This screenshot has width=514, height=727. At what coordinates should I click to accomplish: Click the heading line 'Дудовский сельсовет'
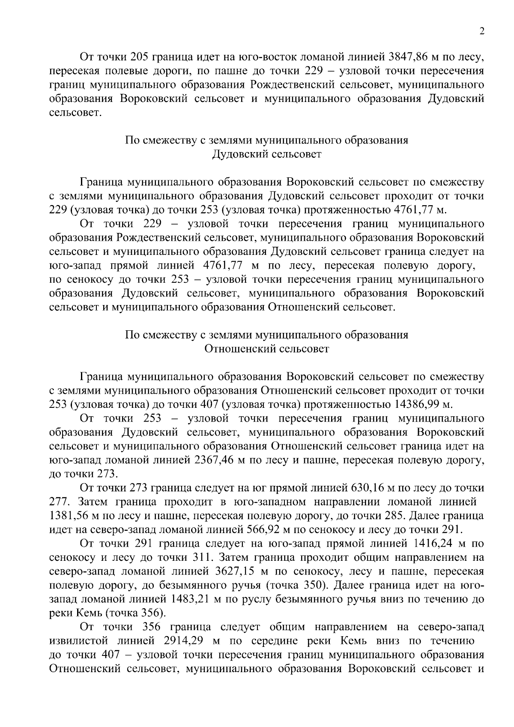coord(266,154)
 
